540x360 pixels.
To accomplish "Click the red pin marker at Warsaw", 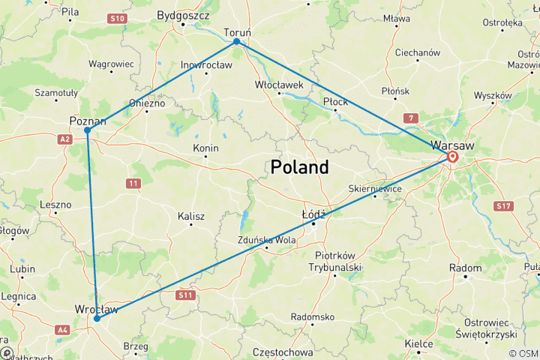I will pyautogui.click(x=453, y=157).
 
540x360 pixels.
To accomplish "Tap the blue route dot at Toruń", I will pyautogui.click(x=237, y=41).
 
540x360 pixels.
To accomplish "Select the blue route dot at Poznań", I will pyautogui.click(x=88, y=130).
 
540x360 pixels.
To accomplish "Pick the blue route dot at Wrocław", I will pyautogui.click(x=97, y=319).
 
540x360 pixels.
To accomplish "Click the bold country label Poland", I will pyautogui.click(x=300, y=167).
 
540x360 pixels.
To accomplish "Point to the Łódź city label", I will pyautogui.click(x=313, y=214).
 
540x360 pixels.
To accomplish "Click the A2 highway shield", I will pyautogui.click(x=65, y=139).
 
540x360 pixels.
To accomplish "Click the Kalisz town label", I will pyautogui.click(x=191, y=216).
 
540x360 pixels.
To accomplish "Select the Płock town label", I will pyautogui.click(x=335, y=101).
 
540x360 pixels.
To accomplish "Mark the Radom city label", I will pyautogui.click(x=465, y=268).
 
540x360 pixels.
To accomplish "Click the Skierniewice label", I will pyautogui.click(x=375, y=188).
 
